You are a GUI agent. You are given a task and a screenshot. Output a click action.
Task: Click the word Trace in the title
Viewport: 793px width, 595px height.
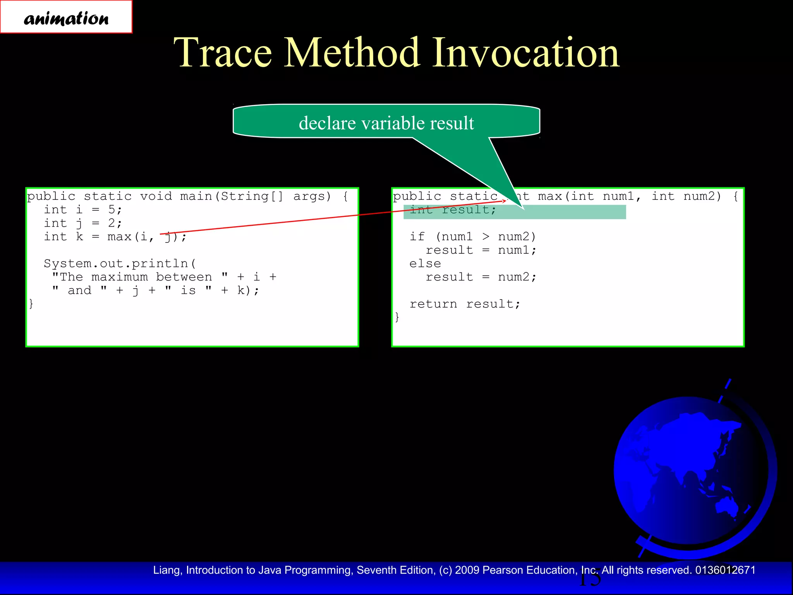coord(223,53)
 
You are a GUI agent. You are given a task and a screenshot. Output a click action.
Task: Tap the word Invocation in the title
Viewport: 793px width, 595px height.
coord(525,53)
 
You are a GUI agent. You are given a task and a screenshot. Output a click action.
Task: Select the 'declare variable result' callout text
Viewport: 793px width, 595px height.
coord(386,123)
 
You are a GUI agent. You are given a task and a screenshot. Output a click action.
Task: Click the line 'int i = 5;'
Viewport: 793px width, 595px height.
coord(83,210)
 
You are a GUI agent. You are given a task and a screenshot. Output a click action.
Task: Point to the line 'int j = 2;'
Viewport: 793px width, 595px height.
coord(83,224)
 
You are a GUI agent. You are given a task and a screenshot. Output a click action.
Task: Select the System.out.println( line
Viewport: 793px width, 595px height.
coord(120,264)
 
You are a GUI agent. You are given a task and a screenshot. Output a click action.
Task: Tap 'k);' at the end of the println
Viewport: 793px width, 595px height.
coord(248,291)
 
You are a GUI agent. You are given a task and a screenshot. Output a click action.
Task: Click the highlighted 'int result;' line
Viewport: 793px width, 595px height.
coord(453,210)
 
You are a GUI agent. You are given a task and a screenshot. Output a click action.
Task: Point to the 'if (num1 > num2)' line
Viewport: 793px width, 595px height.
coord(472,237)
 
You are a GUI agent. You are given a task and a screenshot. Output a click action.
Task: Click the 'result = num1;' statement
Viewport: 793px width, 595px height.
coord(481,250)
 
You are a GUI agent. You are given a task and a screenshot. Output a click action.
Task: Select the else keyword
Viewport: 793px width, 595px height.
coord(425,264)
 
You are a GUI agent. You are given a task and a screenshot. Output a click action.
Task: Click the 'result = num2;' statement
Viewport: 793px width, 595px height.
coord(481,277)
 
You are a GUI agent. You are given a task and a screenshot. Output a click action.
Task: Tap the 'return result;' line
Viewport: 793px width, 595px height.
coord(465,304)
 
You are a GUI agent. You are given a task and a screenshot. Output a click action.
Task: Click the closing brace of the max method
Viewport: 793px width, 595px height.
coord(397,317)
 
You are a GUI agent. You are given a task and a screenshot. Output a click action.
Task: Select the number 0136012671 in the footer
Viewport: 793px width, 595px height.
coord(725,570)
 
